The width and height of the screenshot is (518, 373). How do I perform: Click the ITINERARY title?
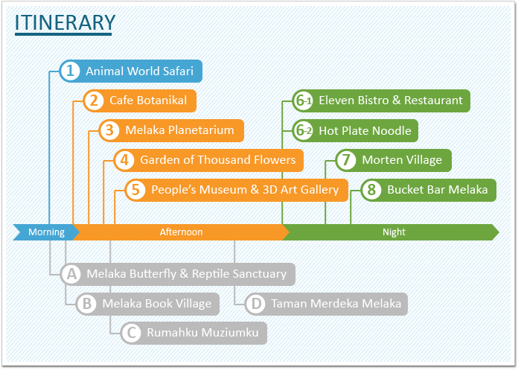click(x=65, y=22)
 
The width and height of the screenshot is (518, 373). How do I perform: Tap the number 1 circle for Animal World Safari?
click(x=70, y=71)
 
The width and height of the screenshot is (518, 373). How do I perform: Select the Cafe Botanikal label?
click(x=148, y=101)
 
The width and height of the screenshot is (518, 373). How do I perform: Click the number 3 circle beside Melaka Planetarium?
click(x=109, y=130)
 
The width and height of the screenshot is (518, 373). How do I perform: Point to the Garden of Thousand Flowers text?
click(x=218, y=160)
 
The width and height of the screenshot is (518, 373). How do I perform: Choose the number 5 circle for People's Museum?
click(x=135, y=190)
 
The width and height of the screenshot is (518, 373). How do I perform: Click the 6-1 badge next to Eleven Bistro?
click(x=303, y=101)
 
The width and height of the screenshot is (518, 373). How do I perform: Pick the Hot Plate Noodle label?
click(x=365, y=131)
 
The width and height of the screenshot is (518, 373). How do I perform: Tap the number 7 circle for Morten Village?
click(x=346, y=160)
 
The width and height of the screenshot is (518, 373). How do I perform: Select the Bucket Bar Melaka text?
click(x=438, y=190)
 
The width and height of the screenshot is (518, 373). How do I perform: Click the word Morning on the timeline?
click(x=46, y=232)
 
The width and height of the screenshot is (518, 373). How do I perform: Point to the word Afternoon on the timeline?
click(x=181, y=232)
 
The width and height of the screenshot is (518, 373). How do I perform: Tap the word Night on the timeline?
click(x=394, y=232)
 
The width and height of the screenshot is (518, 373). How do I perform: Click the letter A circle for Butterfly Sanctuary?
click(x=71, y=274)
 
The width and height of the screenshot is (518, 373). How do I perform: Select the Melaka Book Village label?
click(x=156, y=304)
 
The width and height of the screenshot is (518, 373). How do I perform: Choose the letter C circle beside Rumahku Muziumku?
click(x=131, y=333)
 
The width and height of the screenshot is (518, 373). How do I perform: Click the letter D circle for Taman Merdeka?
click(x=255, y=304)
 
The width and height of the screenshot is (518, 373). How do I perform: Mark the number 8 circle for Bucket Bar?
click(x=371, y=190)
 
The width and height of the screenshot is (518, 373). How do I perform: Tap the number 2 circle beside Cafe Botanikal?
click(x=94, y=101)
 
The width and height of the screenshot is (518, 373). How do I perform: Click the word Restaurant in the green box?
click(x=433, y=101)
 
